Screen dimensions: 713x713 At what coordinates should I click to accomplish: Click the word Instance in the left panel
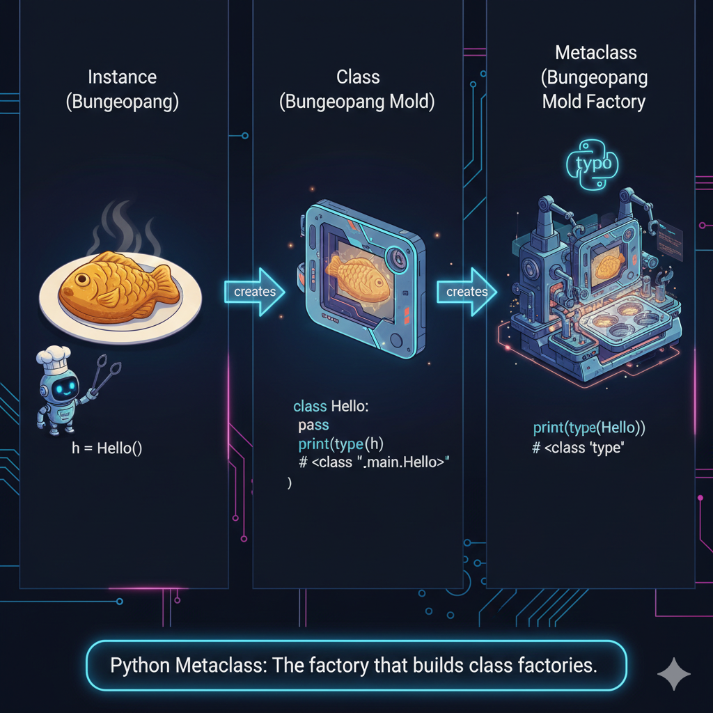coord(122,77)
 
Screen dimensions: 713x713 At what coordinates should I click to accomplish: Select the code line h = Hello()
coord(107,448)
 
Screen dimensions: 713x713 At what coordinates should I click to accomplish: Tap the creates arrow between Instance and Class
coord(254,291)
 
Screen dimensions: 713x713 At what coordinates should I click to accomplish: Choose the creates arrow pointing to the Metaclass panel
coord(466,291)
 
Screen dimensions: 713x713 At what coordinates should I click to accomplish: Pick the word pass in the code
coord(313,425)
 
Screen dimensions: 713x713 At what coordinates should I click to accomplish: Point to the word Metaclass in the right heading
coord(595,53)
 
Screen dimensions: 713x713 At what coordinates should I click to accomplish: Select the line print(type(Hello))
coord(589,429)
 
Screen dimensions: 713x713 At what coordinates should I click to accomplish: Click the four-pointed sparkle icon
coord(674,673)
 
